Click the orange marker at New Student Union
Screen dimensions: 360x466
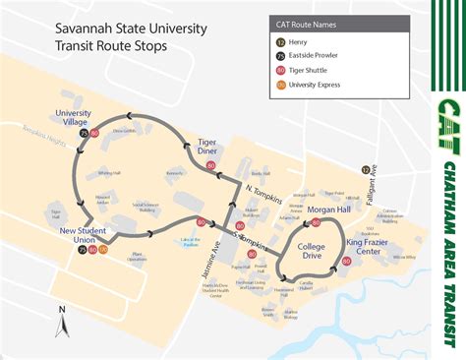coord(103,249)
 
